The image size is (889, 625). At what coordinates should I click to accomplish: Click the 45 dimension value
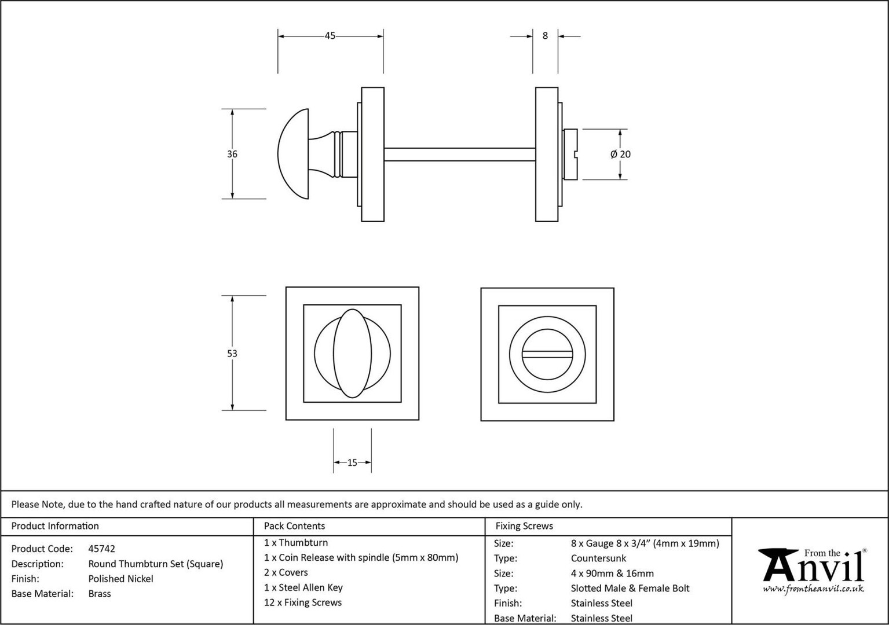click(x=330, y=36)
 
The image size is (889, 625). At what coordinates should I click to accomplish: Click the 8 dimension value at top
click(x=545, y=36)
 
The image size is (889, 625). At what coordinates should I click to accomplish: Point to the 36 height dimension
click(x=232, y=154)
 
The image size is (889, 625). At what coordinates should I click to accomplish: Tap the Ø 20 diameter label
click(x=620, y=154)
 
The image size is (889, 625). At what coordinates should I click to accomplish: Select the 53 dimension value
click(x=232, y=354)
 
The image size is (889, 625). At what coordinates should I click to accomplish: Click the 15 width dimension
click(x=353, y=462)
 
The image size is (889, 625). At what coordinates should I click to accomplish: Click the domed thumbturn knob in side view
click(x=293, y=154)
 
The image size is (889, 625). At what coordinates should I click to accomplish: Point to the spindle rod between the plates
click(x=460, y=155)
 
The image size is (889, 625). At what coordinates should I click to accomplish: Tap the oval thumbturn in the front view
click(x=353, y=354)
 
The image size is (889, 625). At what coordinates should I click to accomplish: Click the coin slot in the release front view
click(x=547, y=354)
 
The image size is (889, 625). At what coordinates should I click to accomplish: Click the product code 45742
click(x=101, y=549)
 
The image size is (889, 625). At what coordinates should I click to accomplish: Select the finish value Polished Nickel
click(x=120, y=579)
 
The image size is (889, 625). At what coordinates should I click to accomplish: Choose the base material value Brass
click(x=100, y=594)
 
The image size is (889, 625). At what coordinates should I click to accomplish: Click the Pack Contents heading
click(x=294, y=526)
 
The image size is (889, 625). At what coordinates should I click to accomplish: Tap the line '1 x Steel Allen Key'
click(x=303, y=588)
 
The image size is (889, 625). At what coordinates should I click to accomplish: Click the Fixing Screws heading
click(x=524, y=526)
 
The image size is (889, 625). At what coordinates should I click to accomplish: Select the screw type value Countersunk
click(x=598, y=558)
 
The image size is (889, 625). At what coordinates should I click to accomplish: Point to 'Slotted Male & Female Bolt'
click(x=630, y=589)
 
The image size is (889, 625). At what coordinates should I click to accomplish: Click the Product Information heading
click(x=55, y=526)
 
